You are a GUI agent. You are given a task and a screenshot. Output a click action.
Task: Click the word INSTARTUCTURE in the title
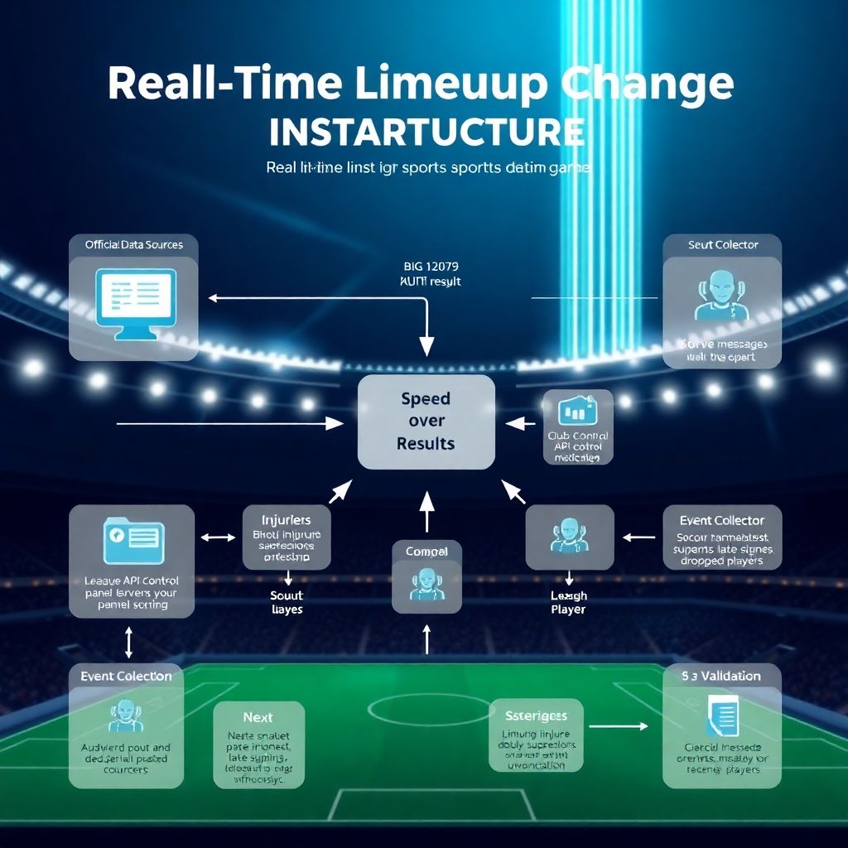pyautogui.click(x=426, y=132)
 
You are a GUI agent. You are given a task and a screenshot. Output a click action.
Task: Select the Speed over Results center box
pyautogui.click(x=426, y=422)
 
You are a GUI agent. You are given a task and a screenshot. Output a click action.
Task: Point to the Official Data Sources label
pyautogui.click(x=133, y=244)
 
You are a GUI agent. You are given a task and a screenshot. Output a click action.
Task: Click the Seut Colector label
pyautogui.click(x=722, y=244)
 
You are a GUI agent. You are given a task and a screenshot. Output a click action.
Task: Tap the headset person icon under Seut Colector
pyautogui.click(x=719, y=296)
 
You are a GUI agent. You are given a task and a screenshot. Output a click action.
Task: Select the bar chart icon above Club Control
pyautogui.click(x=578, y=411)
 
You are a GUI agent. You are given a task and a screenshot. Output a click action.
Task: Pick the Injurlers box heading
pyautogui.click(x=287, y=520)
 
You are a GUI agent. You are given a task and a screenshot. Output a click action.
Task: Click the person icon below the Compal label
pyautogui.click(x=426, y=584)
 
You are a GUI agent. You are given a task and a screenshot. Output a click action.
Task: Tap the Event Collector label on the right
pyautogui.click(x=721, y=520)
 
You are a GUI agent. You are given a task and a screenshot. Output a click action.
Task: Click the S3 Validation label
pyautogui.click(x=721, y=676)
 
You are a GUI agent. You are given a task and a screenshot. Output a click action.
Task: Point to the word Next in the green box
pyautogui.click(x=258, y=717)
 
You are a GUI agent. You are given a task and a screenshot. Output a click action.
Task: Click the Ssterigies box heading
pyautogui.click(x=536, y=715)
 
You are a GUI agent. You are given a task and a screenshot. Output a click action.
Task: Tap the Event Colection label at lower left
pyautogui.click(x=126, y=676)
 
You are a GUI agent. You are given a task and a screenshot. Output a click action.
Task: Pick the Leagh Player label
pyautogui.click(x=568, y=602)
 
